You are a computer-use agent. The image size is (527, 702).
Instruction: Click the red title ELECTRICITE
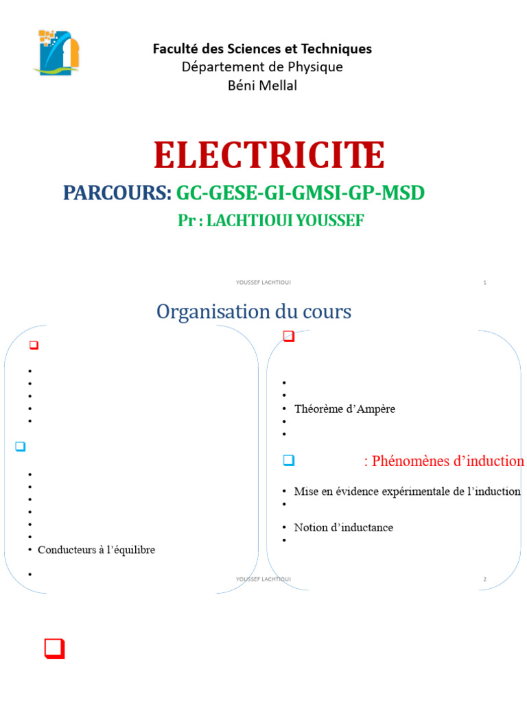269,155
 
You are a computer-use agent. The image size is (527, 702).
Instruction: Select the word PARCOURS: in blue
117,193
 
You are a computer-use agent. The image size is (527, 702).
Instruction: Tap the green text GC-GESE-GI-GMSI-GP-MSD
301,193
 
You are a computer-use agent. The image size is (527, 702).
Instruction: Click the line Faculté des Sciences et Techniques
262,49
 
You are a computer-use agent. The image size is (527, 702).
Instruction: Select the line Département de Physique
262,67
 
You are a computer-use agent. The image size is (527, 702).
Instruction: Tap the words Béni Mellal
262,86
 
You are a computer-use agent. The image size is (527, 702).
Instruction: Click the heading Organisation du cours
254,312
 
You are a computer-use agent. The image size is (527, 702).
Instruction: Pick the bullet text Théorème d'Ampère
344,409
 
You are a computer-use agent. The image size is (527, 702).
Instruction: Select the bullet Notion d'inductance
343,528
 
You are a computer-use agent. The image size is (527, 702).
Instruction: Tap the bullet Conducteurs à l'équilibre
96,550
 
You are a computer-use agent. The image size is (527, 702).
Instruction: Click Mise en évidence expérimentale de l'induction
407,492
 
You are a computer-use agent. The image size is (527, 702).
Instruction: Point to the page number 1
484,282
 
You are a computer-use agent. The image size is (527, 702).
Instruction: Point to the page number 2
484,579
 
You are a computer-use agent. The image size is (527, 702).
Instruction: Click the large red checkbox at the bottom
54,648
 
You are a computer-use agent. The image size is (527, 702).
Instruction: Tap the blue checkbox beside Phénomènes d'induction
289,460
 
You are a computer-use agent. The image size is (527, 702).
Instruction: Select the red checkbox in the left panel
33,346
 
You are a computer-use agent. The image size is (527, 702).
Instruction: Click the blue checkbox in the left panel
20,446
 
